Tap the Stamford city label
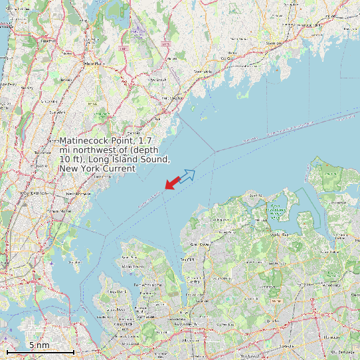pyautogui.click(x=274, y=43)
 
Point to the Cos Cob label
pyautogui.click(x=228, y=58)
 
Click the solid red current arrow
pyautogui.click(x=172, y=182)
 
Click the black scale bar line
pyautogui.click(x=40, y=351)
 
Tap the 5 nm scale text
pyautogui.click(x=39, y=345)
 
